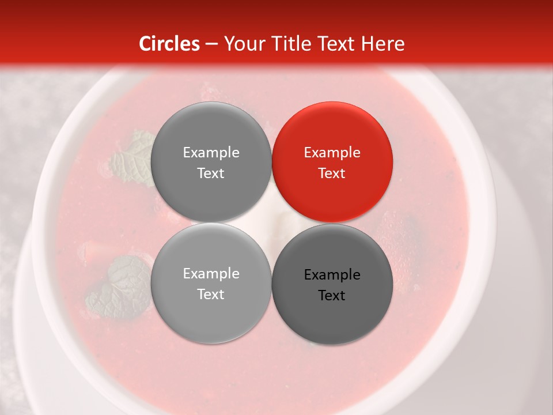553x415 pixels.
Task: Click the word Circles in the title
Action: coord(169,44)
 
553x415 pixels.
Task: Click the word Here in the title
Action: coord(384,44)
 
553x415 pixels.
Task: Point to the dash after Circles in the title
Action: coord(211,44)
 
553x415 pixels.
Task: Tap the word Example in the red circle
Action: coord(332,153)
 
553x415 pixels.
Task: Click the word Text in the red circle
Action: coord(332,173)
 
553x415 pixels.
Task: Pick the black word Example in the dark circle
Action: coord(332,275)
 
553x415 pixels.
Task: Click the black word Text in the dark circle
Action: coord(332,296)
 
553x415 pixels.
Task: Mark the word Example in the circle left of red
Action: coord(211,153)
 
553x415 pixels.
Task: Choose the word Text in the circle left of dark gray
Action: coord(211,295)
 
